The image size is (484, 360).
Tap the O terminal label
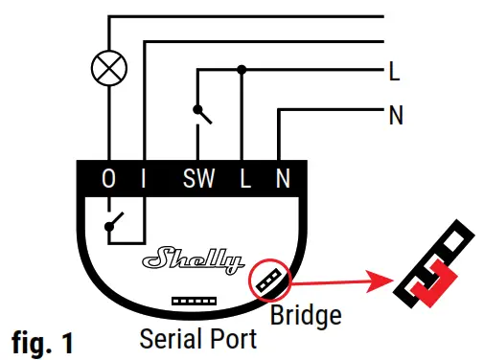[108, 179]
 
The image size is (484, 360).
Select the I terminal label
[143, 179]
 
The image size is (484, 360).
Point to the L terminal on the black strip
[244, 179]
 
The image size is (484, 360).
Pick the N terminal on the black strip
[282, 179]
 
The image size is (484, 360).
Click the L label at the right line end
[395, 70]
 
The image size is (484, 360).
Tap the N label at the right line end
[396, 117]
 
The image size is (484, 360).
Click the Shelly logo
[191, 259]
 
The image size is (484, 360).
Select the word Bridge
[306, 313]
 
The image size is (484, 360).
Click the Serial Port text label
[197, 339]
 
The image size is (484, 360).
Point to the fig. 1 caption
[42, 340]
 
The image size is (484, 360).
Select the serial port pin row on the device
[193, 300]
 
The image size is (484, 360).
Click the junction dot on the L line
[242, 70]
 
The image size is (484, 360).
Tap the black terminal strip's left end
[81, 179]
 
